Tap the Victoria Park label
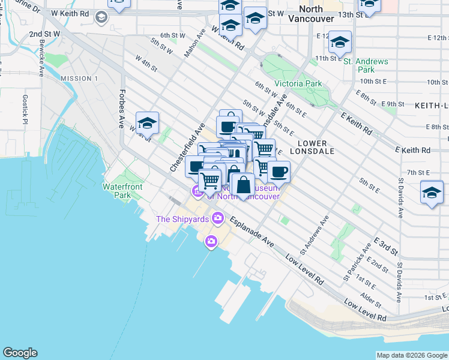pyautogui.click(x=298, y=84)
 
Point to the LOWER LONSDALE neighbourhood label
pyautogui.click(x=312, y=148)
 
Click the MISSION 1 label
pyautogui.click(x=79, y=79)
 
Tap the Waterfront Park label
pyautogui.click(x=122, y=191)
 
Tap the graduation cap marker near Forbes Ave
pyautogui.click(x=147, y=124)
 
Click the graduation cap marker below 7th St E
pyautogui.click(x=432, y=193)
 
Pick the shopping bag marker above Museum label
pyautogui.click(x=243, y=184)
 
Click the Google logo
pyautogui.click(x=20, y=353)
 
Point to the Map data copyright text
pyautogui.click(x=411, y=355)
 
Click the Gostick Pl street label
pyautogui.click(x=25, y=110)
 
